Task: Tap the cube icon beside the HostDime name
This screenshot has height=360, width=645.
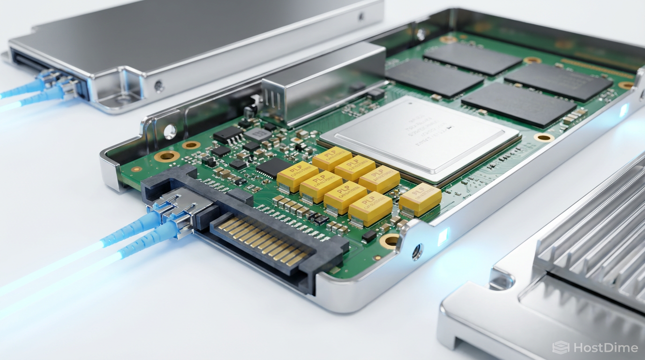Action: coord(561,347)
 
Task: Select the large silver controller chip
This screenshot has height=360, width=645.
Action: coord(420,136)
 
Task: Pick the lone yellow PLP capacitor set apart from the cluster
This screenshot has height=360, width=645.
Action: coord(420,199)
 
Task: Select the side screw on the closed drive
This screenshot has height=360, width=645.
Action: coord(159,86)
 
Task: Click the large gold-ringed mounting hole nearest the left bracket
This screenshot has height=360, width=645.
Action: coord(167,156)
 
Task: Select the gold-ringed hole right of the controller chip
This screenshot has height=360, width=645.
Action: coord(544,137)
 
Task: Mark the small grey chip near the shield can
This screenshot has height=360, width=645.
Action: coord(256,135)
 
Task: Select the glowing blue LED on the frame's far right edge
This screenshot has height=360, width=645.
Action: coord(624,110)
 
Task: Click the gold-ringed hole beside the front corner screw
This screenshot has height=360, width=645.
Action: coord(390,241)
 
